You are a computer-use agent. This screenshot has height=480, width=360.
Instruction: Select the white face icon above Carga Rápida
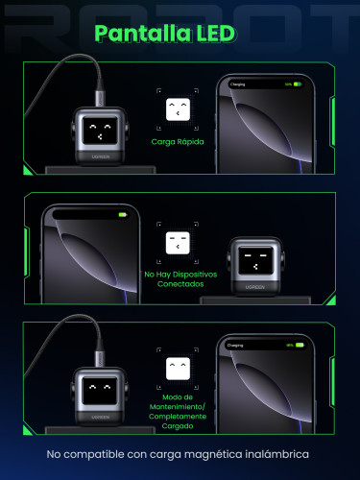point(176,108)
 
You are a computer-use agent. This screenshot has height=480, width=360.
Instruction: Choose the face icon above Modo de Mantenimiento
point(177,369)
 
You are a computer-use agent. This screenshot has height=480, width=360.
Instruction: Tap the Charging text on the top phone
point(238,84)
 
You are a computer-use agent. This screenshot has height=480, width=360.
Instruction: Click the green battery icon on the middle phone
point(122,215)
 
